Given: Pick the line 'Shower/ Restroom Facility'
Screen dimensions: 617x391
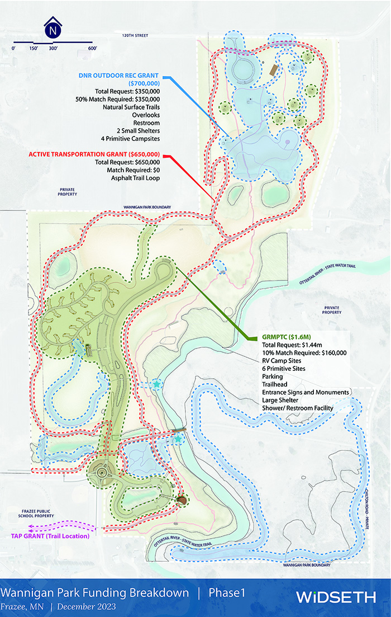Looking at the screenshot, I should [298, 408].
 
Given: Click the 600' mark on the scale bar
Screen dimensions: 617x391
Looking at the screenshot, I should [92, 49].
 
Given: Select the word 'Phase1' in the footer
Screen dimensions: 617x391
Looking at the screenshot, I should [227, 592].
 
